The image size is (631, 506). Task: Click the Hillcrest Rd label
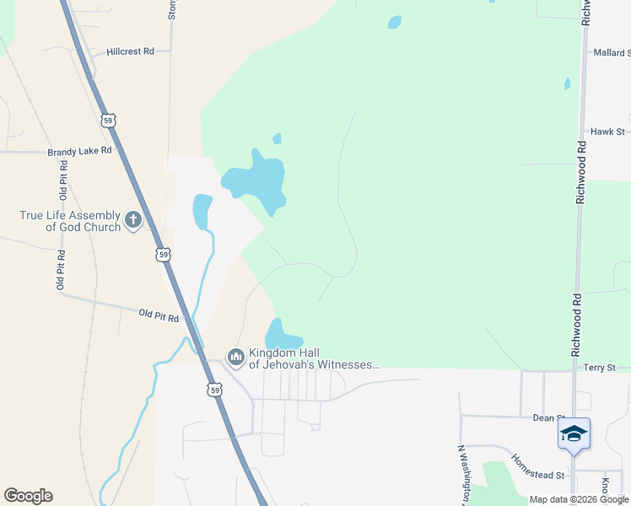pos(130,51)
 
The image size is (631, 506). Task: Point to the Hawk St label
pos(607,132)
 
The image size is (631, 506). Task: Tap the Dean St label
pos(548,417)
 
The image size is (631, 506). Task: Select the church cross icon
pos(132,221)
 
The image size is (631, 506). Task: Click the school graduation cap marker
pos(574,433)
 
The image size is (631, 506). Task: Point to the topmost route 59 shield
pos(108,120)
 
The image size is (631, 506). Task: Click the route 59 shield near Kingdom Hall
pos(215,390)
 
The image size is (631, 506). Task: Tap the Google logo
pos(28,496)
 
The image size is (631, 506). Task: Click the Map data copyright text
pos(578,499)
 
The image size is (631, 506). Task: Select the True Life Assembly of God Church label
pos(70,221)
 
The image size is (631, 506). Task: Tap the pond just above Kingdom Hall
pos(283,335)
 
